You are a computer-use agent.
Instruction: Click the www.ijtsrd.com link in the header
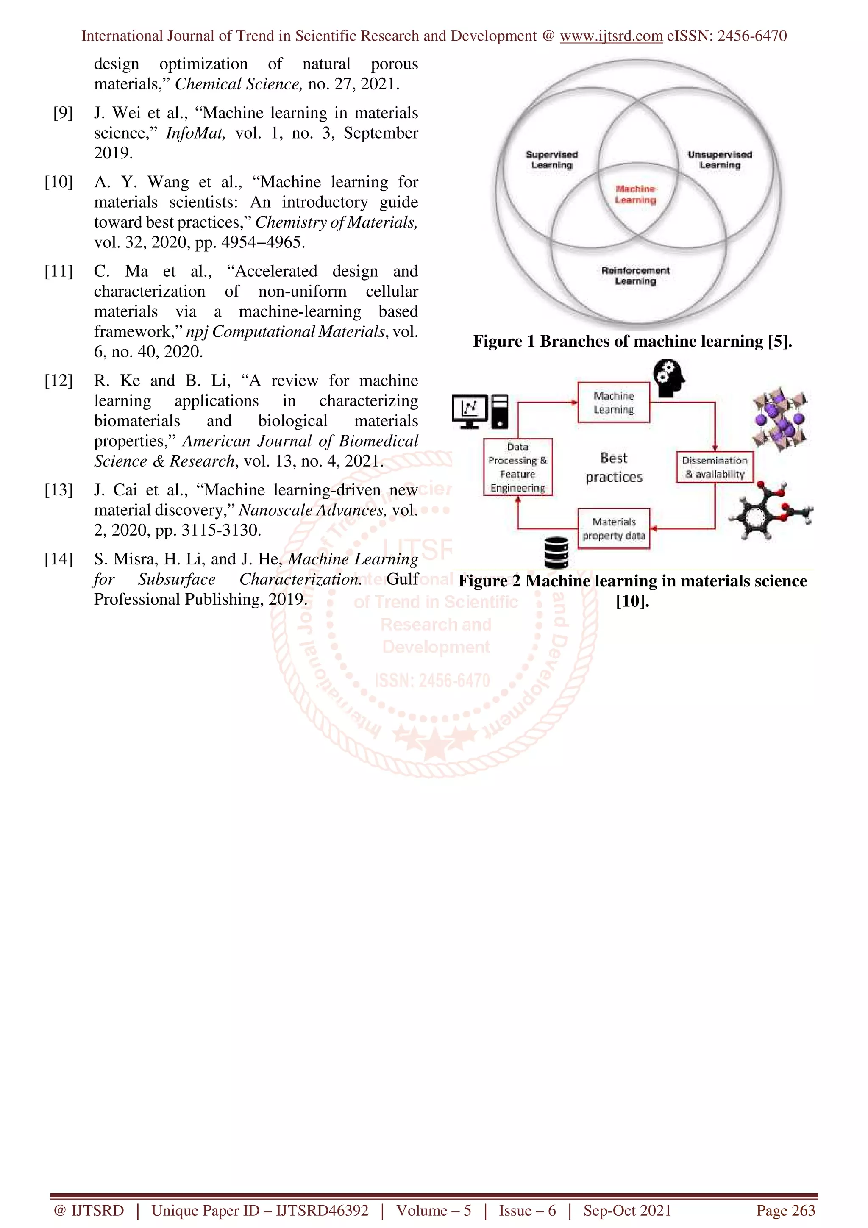611,36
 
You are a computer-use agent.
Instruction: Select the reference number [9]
63,113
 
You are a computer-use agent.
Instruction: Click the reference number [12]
59,381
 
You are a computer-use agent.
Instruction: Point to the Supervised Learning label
551,160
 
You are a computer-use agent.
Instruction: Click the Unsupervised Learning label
719,160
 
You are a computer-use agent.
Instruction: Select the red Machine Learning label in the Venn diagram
635,194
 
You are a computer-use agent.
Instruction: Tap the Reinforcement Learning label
635,276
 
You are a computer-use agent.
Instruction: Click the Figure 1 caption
632,341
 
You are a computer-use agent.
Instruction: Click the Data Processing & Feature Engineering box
517,467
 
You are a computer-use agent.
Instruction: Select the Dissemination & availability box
715,467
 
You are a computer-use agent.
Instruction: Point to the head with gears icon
669,378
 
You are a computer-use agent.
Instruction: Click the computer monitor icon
470,411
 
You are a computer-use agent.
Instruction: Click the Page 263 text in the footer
785,1210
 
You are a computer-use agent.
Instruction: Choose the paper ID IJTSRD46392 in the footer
322,1210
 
